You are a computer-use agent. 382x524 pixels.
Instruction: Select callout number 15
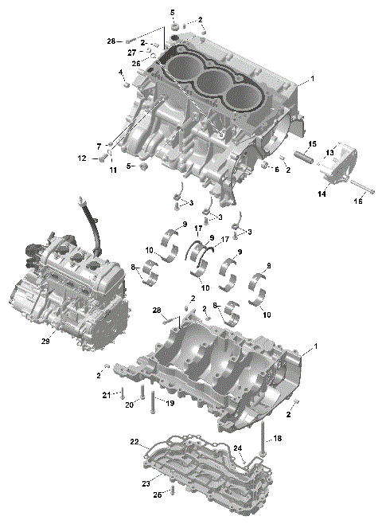[x=312, y=143]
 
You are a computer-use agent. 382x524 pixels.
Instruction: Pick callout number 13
[x=329, y=153]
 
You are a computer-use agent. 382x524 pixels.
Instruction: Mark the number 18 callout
[x=276, y=438]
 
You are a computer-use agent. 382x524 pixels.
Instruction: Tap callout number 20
[x=128, y=404]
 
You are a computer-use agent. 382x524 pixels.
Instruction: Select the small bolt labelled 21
[x=123, y=393]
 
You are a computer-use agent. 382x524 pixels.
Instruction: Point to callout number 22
[x=134, y=441]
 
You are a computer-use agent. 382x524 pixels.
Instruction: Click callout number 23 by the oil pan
[x=146, y=483]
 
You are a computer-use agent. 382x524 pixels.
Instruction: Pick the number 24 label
[x=236, y=448]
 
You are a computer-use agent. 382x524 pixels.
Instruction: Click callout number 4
[x=122, y=72]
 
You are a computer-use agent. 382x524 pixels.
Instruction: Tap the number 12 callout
[x=82, y=158]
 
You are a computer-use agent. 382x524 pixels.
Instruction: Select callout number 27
[x=133, y=52]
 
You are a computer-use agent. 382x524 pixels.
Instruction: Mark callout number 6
[x=276, y=169]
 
